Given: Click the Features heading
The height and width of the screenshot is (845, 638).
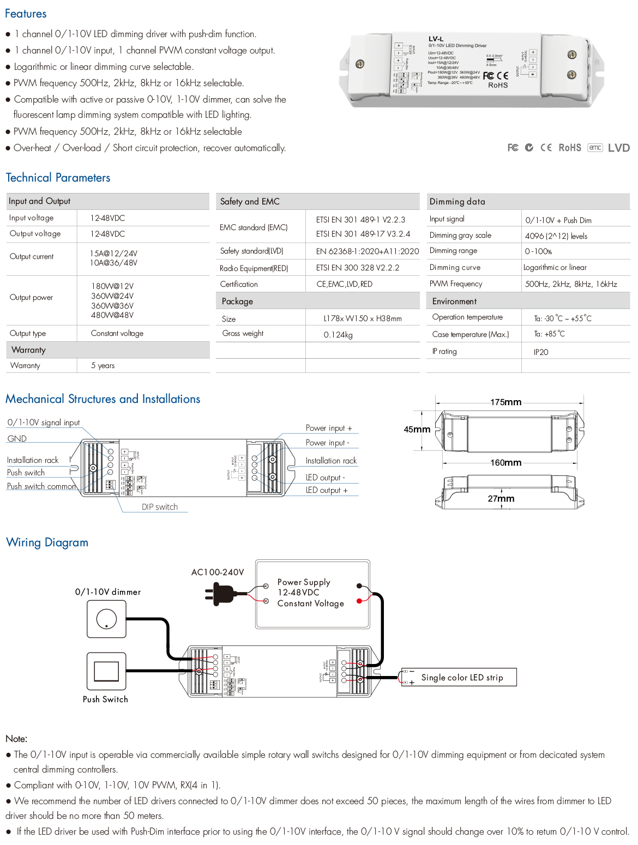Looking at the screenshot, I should click(x=26, y=14).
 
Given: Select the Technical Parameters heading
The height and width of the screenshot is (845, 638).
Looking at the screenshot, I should click(x=58, y=178).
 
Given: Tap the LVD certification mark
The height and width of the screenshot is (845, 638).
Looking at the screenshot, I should click(x=618, y=148).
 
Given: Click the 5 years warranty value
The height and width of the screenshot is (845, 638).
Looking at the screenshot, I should click(x=103, y=366).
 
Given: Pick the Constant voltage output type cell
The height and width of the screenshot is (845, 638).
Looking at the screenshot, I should click(x=117, y=334).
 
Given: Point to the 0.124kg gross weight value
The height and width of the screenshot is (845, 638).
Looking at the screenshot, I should click(x=338, y=335).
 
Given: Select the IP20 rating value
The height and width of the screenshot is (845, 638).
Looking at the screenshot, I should click(x=540, y=352).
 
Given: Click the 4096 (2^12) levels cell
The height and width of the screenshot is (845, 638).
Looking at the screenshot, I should click(x=556, y=236).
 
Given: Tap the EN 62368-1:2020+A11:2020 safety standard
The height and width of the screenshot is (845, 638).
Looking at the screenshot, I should click(x=367, y=251).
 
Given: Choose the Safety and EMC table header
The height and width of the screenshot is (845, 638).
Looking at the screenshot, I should click(x=250, y=202).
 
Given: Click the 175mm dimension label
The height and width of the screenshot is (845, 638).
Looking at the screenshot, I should click(x=505, y=402).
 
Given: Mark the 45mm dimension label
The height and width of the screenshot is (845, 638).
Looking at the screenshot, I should click(x=417, y=430).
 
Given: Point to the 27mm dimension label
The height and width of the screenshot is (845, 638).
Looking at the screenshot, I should click(x=501, y=499).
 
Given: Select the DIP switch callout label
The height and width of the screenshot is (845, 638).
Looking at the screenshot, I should click(x=159, y=507).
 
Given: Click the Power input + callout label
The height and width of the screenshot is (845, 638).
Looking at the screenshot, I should click(x=328, y=428).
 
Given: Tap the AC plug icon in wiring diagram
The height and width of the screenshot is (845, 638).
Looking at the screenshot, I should click(x=220, y=594).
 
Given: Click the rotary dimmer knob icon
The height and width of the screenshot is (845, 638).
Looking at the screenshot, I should click(x=106, y=619).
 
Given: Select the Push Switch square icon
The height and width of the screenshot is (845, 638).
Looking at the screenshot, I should click(x=106, y=671).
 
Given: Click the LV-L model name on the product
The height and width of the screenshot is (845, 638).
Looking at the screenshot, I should click(x=436, y=39).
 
